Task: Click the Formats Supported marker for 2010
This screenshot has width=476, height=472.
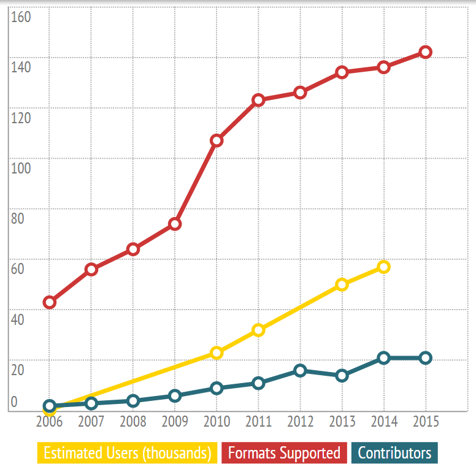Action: coord(217,140)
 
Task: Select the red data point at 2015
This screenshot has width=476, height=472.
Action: coord(425,52)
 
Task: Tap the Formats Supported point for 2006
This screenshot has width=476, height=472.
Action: coord(50,302)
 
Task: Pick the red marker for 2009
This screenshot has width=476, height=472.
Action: coord(175,224)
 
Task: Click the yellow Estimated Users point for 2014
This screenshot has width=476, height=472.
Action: coord(383,267)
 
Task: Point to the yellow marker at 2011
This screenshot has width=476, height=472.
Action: coord(258,330)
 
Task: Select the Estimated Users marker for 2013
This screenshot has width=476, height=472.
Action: coord(342,284)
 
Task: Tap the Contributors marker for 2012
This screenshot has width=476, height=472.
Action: coord(300,370)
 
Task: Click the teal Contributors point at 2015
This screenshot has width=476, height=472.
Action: coord(425,358)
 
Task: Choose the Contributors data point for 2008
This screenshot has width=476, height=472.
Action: coord(133,401)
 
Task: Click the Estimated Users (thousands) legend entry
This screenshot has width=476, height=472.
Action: coord(127,454)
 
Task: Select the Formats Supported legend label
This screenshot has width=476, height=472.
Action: coord(284,454)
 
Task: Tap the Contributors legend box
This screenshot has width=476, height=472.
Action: coord(394,454)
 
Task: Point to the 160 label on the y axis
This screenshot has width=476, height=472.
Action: coord(21,17)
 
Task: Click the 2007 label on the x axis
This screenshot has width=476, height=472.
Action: coord(91,422)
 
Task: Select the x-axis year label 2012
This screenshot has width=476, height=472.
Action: coord(300,422)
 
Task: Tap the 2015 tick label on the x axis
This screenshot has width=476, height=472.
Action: coord(425,422)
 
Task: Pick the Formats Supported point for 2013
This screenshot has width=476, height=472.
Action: coord(342,72)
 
